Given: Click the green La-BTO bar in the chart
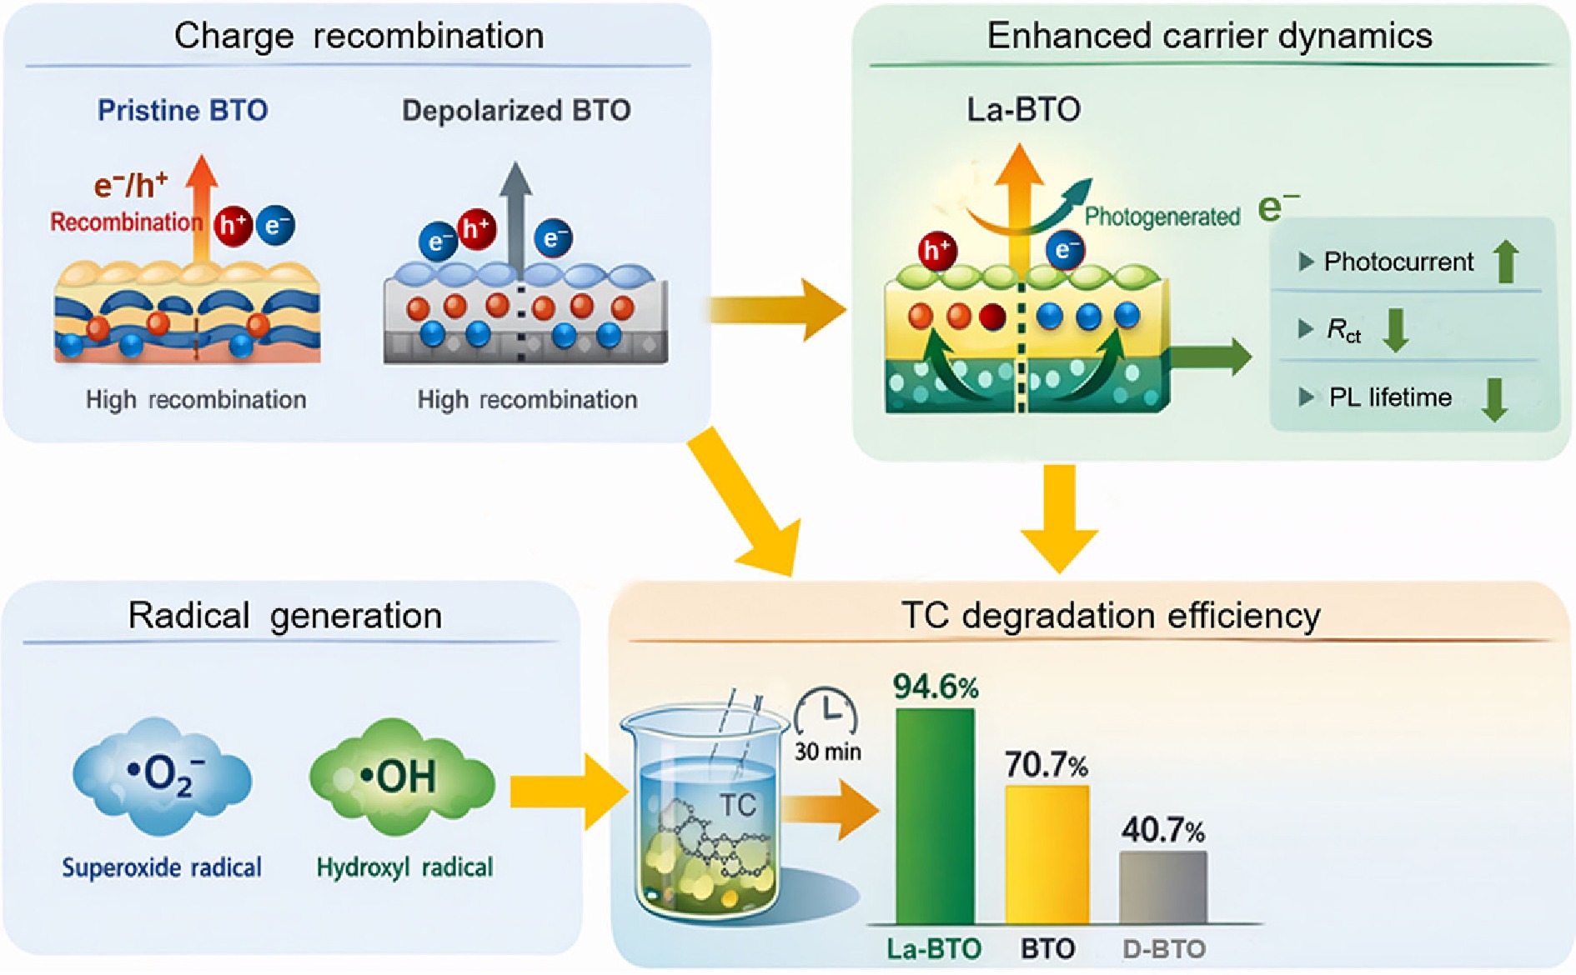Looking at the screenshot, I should (x=935, y=817).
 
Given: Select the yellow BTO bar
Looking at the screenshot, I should (x=1046, y=854).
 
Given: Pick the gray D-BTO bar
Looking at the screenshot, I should (x=1162, y=887).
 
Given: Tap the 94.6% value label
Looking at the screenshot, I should (x=936, y=687).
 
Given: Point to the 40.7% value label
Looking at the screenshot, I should (x=1162, y=830).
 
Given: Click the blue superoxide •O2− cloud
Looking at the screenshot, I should (x=162, y=776).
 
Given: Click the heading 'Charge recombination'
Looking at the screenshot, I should (x=359, y=37).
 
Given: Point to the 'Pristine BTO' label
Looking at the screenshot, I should (x=183, y=111).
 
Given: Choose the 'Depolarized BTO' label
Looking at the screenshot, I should (x=516, y=111).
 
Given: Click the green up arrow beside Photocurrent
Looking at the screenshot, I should (x=1505, y=262).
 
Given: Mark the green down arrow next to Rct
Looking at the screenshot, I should (x=1396, y=330).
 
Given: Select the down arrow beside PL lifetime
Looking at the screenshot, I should (x=1494, y=398).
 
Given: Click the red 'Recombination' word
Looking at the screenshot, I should (x=126, y=222).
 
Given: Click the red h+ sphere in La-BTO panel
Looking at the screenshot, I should (x=937, y=250).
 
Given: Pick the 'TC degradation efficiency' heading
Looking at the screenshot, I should (x=1111, y=616).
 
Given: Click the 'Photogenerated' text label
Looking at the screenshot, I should (x=1162, y=217).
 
